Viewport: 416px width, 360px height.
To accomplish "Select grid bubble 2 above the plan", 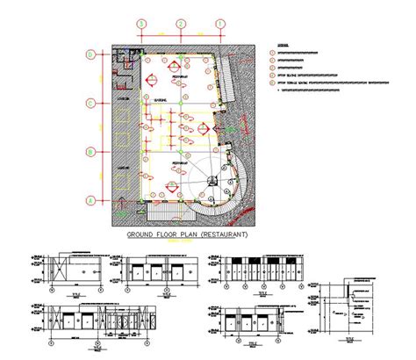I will (179, 25).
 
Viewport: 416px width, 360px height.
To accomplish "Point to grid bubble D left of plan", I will (90, 54).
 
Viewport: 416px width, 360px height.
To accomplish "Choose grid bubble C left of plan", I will (90, 104).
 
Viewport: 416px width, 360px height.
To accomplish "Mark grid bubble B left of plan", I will (90, 151).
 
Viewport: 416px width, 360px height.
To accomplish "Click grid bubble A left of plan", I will (90, 199).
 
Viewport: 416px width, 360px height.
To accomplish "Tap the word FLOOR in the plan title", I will (178, 235).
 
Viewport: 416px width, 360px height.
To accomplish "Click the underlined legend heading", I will (282, 43).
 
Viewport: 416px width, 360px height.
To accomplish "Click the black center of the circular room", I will (211, 181).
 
